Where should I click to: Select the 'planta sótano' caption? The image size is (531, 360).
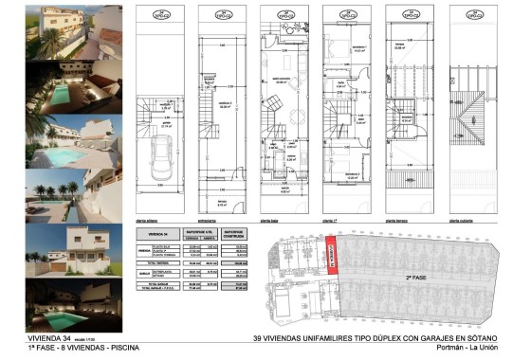(150, 220)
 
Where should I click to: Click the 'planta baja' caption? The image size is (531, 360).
(273, 220)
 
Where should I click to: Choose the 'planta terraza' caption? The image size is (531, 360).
(398, 220)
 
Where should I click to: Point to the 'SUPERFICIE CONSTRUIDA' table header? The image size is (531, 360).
(236, 233)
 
